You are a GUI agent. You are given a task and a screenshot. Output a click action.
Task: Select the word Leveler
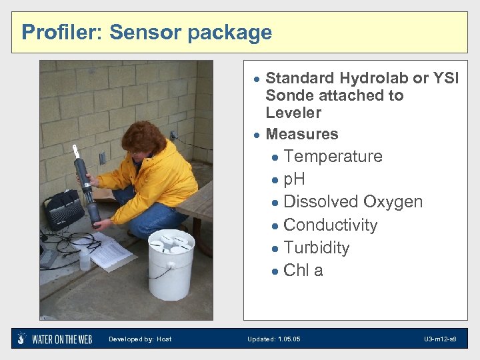pyautogui.click(x=293, y=113)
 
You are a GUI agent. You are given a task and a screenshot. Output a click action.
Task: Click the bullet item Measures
pyautogui.click(x=302, y=134)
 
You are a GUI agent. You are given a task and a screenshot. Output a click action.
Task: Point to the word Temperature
pyautogui.click(x=333, y=157)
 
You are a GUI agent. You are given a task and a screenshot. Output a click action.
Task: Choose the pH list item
pyautogui.click(x=294, y=179)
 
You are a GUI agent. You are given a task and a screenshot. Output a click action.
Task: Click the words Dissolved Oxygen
pyautogui.click(x=353, y=202)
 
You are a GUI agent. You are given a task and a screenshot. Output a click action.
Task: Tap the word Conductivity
pyautogui.click(x=330, y=225)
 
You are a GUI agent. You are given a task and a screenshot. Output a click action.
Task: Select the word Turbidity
pyautogui.click(x=316, y=248)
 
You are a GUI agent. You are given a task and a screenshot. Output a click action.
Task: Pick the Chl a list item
pyautogui.click(x=303, y=271)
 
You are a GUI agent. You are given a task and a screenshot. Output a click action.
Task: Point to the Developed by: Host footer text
pyautogui.click(x=140, y=339)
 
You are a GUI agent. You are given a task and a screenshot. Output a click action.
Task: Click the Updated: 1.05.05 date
pyautogui.click(x=273, y=339)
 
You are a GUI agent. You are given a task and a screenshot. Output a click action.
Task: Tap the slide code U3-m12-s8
pyautogui.click(x=440, y=339)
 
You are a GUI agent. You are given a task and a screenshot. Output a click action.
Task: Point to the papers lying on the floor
pyautogui.click(x=107, y=253)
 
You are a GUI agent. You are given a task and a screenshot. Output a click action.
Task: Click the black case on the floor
pyautogui.click(x=63, y=210)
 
